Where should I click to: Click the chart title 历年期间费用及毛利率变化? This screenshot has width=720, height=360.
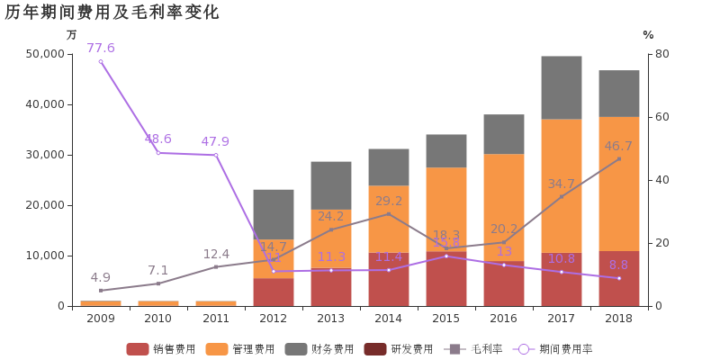[112, 13]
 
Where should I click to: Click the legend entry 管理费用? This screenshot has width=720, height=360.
[242, 349]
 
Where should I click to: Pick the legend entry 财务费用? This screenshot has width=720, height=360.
[321, 349]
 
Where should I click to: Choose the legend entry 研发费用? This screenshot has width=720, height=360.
[400, 349]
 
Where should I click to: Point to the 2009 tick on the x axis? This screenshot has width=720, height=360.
[101, 319]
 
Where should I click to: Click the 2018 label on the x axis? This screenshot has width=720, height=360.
[619, 319]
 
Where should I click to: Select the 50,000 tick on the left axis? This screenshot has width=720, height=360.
[45, 54]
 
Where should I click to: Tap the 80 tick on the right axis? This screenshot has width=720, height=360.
[662, 54]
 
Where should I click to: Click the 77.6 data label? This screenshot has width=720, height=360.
[101, 48]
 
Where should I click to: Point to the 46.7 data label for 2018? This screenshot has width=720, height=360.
[618, 146]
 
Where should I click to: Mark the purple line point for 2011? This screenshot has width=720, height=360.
[216, 155]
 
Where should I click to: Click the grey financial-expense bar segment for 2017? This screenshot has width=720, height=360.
[562, 87]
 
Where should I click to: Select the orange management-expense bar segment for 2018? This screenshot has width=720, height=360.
[619, 184]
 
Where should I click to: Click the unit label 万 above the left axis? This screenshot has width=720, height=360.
[72, 34]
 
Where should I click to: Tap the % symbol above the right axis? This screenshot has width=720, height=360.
[648, 34]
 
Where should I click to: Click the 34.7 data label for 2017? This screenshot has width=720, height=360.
[561, 184]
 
